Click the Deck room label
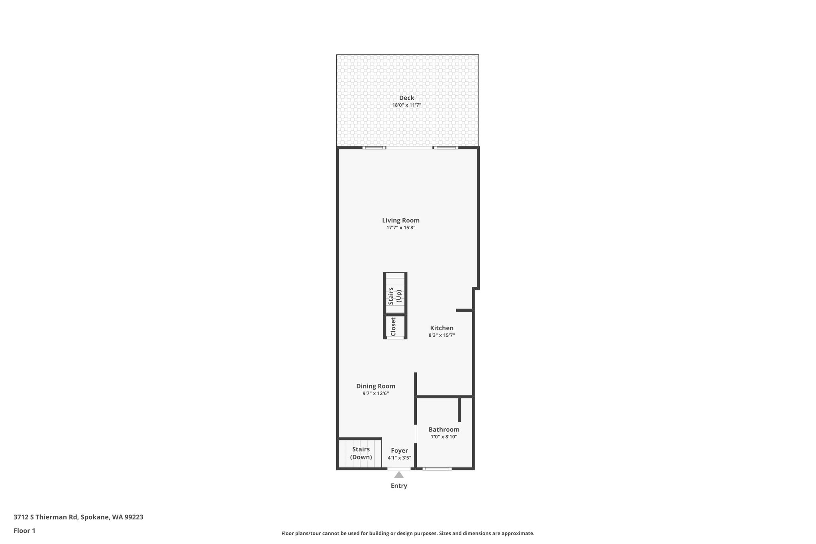click(x=406, y=98)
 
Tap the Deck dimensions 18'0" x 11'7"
click(x=406, y=105)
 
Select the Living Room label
click(x=401, y=220)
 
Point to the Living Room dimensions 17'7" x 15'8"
click(x=401, y=228)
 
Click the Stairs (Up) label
click(x=394, y=296)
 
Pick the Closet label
click(x=393, y=326)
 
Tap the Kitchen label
click(x=441, y=328)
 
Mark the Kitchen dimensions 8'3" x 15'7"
click(x=441, y=336)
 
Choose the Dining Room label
click(x=376, y=386)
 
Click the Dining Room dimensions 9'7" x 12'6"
click(x=376, y=394)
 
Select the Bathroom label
click(x=444, y=430)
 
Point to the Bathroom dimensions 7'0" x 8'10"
click(x=444, y=437)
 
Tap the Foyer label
click(x=399, y=451)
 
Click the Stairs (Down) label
click(x=361, y=453)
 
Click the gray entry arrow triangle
click(x=399, y=475)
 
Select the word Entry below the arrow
click(x=399, y=486)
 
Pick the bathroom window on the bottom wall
click(x=437, y=469)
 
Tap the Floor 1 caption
click(x=25, y=531)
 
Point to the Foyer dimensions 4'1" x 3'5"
click(x=399, y=458)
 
